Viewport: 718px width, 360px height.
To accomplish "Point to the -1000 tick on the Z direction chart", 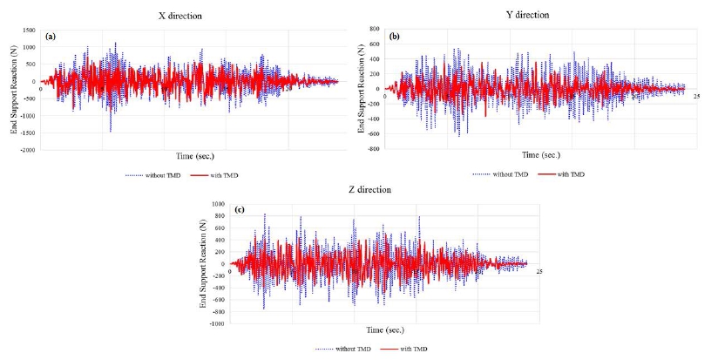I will pos(217,323).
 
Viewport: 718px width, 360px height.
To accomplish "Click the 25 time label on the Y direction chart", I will pos(697,95).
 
